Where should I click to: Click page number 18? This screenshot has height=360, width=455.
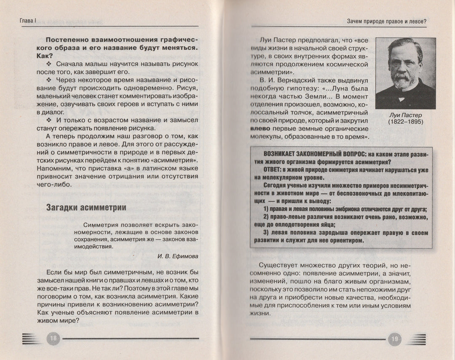(x=54, y=338)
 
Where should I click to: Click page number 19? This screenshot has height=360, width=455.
(x=395, y=338)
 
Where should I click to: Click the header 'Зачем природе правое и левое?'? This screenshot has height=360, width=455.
(x=386, y=21)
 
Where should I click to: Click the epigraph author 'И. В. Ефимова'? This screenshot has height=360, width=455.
(x=177, y=256)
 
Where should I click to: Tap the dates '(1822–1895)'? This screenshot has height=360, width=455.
(x=406, y=122)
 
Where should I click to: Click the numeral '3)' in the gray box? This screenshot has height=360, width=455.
(x=267, y=232)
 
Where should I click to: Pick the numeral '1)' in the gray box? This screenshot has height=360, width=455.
(x=267, y=209)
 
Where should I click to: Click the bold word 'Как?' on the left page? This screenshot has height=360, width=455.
(x=53, y=56)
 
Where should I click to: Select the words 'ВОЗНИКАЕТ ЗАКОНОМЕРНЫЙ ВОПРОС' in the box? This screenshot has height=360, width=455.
(x=310, y=154)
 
